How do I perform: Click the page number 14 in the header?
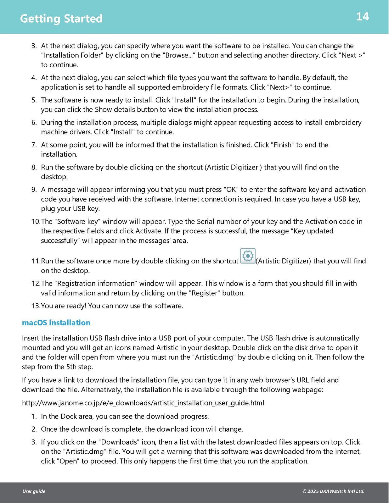coord(362,17)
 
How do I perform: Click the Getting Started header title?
coord(61,19)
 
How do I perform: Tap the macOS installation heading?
coord(56,323)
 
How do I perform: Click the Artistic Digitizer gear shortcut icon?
coord(248,256)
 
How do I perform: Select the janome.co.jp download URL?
coord(143,403)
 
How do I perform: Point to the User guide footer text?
coord(34,491)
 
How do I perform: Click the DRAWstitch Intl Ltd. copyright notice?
coord(333,491)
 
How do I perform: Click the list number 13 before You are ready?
coord(36,306)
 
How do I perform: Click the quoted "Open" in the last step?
coord(68,461)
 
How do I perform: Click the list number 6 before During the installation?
coord(34,122)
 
